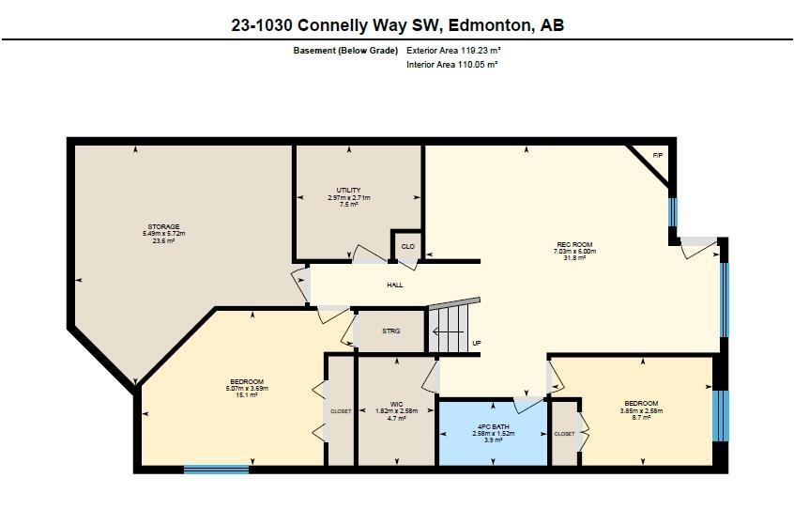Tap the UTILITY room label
pyautogui.click(x=348, y=191)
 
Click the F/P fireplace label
pyautogui.click(x=658, y=155)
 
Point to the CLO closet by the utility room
pyautogui.click(x=408, y=246)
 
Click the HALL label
pyautogui.click(x=395, y=285)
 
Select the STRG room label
pyautogui.click(x=391, y=331)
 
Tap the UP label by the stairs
pyautogui.click(x=477, y=343)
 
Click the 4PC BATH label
pyautogui.click(x=494, y=428)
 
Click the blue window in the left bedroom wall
pyautogui.click(x=217, y=468)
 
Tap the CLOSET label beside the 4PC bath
pyautogui.click(x=564, y=434)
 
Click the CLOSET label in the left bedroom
pyautogui.click(x=341, y=411)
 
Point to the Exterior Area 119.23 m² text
pyautogui.click(x=452, y=50)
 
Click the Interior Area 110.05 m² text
pyautogui.click(x=451, y=65)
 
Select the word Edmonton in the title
pyautogui.click(x=488, y=25)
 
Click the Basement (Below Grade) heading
pyautogui.click(x=345, y=50)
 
